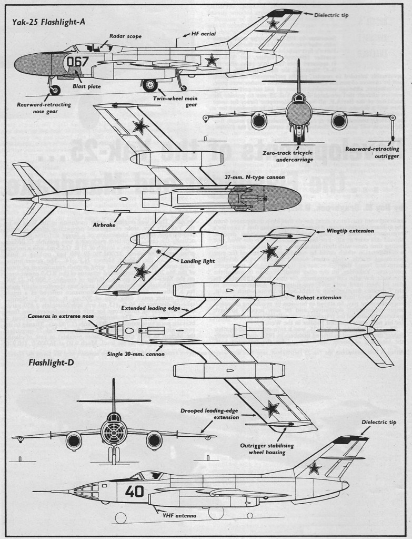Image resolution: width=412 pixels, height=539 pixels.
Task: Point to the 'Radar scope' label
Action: point(125,36)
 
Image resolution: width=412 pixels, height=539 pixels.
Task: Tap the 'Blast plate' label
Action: point(87,86)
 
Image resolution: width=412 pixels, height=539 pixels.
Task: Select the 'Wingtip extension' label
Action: point(350,231)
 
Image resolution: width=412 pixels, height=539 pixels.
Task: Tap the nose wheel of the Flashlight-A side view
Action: point(54,91)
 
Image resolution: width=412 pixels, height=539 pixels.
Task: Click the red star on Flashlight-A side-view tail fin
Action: point(273,23)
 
